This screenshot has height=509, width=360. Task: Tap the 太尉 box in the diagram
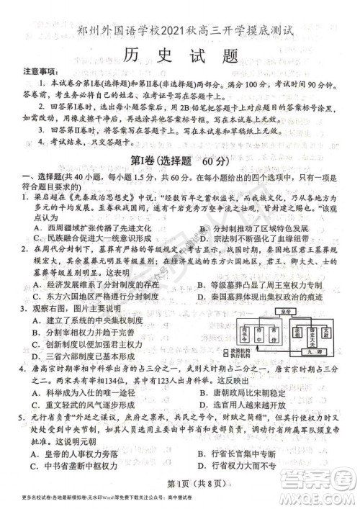tap(329, 333)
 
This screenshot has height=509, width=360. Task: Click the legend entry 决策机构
tap(243, 351)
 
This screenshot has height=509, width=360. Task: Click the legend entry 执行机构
tap(243, 356)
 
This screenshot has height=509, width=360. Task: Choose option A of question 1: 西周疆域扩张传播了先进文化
tap(83, 228)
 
